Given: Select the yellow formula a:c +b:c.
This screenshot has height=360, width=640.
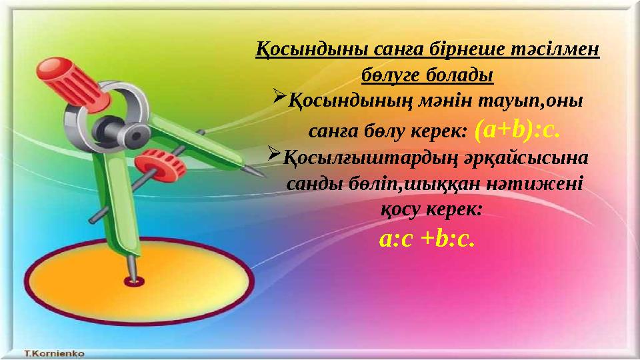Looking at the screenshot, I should click(x=427, y=239).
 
